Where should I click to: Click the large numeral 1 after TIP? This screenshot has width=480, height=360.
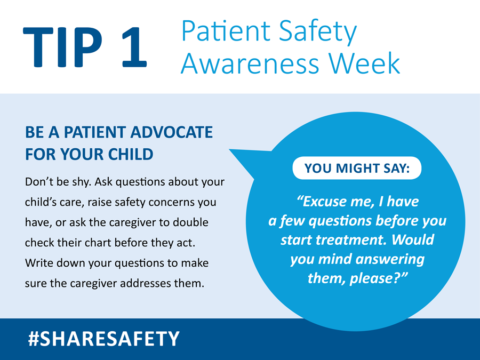pyautogui.click(x=130, y=48)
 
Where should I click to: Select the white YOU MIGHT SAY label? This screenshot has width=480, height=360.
pyautogui.click(x=357, y=169)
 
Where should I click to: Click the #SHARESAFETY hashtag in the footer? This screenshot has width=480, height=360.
pyautogui.click(x=103, y=338)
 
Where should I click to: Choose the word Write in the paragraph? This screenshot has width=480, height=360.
pyautogui.click(x=38, y=263)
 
